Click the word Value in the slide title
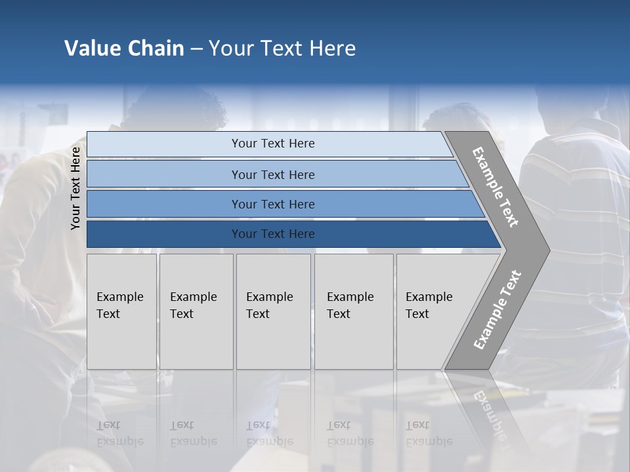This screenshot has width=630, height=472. (91, 49)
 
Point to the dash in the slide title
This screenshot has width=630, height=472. (196, 49)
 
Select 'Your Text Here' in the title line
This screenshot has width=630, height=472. (282, 49)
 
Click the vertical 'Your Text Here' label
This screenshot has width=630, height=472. (75, 188)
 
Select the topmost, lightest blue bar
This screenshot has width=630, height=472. (272, 144)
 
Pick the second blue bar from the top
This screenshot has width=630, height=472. (272, 174)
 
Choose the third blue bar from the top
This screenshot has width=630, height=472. (272, 204)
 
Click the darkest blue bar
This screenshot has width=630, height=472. (272, 234)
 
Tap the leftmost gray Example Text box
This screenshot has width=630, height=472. (121, 311)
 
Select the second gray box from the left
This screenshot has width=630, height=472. (196, 311)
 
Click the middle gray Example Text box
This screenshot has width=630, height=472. (273, 311)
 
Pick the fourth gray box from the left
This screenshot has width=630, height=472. (354, 311)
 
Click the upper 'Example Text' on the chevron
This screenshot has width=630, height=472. (495, 187)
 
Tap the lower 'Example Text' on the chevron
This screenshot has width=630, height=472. (497, 310)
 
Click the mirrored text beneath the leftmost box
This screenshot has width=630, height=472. (119, 433)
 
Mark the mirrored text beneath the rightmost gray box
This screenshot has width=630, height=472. (429, 433)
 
